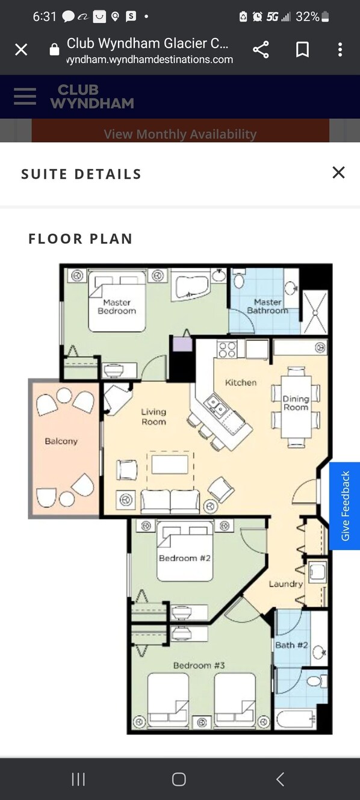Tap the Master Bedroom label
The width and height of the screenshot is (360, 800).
pyautogui.click(x=117, y=306)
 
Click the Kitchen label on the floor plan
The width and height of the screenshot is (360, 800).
pyautogui.click(x=241, y=382)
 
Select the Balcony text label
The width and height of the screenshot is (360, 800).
pyautogui.click(x=61, y=441)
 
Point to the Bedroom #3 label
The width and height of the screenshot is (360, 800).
pyautogui.click(x=199, y=665)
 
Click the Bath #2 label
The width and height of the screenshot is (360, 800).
pyautogui.click(x=291, y=645)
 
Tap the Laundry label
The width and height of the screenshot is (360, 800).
pyautogui.click(x=286, y=584)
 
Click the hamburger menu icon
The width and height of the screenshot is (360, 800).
pyautogui.click(x=25, y=96)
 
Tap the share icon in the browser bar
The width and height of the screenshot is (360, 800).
pyautogui.click(x=261, y=49)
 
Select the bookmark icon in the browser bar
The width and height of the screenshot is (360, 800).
pyautogui.click(x=302, y=49)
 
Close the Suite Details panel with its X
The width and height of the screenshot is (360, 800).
pyautogui.click(x=338, y=173)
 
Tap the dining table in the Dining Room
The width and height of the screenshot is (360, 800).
pyautogui.click(x=296, y=406)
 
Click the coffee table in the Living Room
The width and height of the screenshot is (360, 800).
pyautogui.click(x=170, y=464)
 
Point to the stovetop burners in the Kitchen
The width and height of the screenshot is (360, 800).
pyautogui.click(x=227, y=349)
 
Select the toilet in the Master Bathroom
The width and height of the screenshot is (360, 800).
pyautogui.click(x=238, y=279)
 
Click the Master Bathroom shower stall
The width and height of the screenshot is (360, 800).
pyautogui.click(x=315, y=312)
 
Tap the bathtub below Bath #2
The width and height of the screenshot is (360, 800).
pyautogui.click(x=296, y=719)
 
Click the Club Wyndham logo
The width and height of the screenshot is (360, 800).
pyautogui.click(x=92, y=96)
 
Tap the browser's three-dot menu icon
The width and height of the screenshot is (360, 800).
pyautogui.click(x=340, y=49)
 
